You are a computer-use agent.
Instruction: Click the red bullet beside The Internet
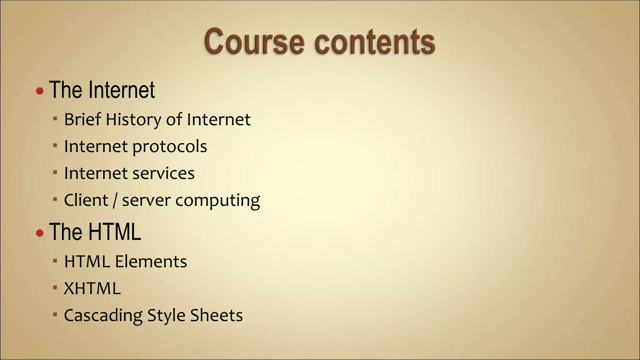(x=40, y=91)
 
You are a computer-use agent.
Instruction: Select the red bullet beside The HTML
(x=40, y=233)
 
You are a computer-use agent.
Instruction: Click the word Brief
(x=82, y=119)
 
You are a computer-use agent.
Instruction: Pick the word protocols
(x=170, y=147)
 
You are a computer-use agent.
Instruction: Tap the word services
(x=163, y=173)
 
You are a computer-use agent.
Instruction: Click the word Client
(x=86, y=200)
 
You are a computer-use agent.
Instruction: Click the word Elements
(x=151, y=262)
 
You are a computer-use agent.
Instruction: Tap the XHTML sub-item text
(x=92, y=288)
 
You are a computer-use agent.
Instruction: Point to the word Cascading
(x=103, y=316)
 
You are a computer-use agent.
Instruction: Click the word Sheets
(x=216, y=315)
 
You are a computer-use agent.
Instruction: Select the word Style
(x=166, y=316)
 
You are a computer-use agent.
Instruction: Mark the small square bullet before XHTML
(x=55, y=287)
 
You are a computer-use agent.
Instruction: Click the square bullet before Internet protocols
(x=55, y=145)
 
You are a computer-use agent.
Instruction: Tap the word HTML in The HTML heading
(x=114, y=232)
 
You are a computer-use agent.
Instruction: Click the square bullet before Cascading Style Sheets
(x=55, y=314)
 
